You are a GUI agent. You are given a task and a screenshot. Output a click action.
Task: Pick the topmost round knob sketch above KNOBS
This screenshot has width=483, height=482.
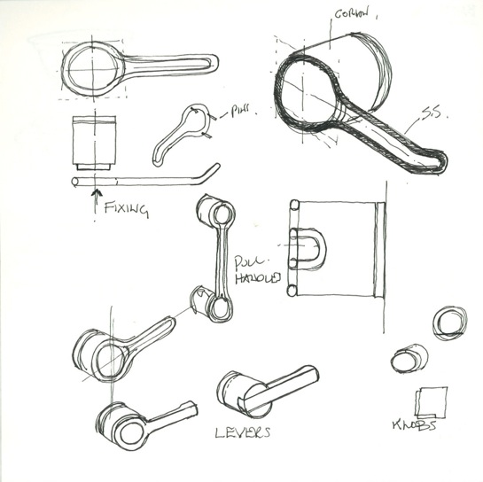[x=449, y=322]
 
